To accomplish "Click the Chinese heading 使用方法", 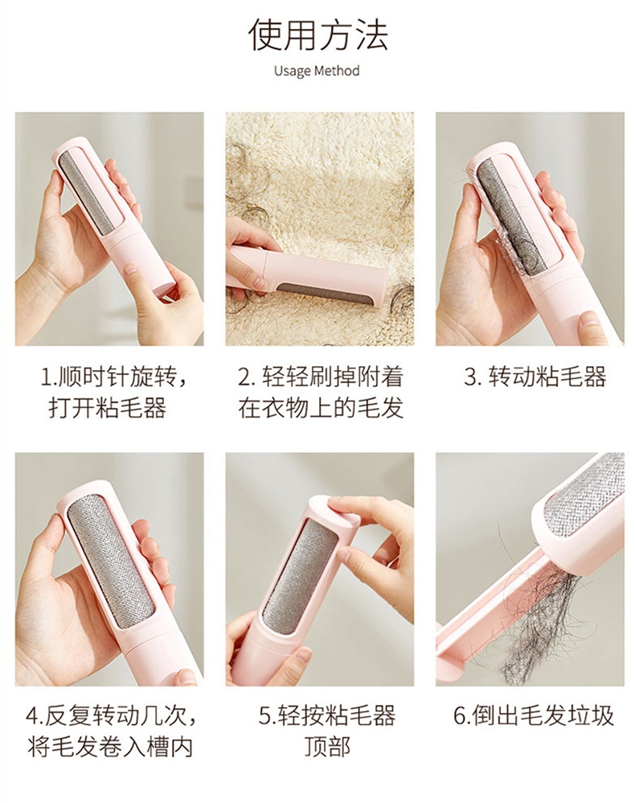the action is [x=318, y=35].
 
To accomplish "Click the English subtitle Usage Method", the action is [x=317, y=70].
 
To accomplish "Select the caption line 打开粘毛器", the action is [x=108, y=409].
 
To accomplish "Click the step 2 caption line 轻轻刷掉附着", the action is [x=321, y=377].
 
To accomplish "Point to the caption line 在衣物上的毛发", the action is [x=321, y=409].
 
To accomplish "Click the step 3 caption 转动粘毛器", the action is [x=535, y=377].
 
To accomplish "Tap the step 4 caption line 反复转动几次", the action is [x=111, y=715].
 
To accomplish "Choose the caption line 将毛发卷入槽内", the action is [x=111, y=747].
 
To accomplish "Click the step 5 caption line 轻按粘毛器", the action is [x=326, y=715].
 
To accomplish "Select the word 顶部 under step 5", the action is [x=327, y=747].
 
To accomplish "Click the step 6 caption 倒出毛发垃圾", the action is [x=534, y=715].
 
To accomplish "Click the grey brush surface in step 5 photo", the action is [x=300, y=579].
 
